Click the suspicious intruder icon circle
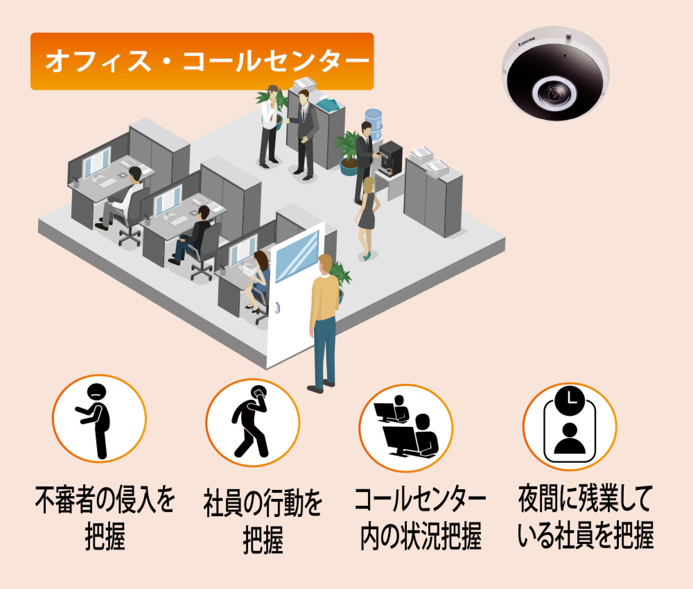pyautogui.click(x=99, y=419)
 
